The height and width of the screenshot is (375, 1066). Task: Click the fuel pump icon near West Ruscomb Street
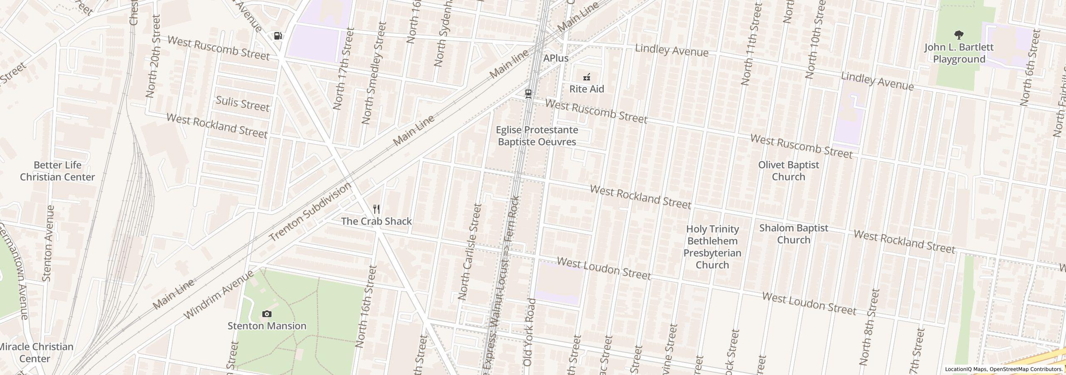tap(278, 36)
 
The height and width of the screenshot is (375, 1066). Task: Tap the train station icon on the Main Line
tap(528, 94)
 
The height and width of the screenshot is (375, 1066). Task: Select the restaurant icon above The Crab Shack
tap(376, 209)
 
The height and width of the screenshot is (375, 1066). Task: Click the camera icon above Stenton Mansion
tap(266, 314)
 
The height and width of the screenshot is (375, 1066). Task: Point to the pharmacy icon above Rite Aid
tap(587, 77)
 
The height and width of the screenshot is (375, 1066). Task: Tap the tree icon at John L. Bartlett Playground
tap(959, 35)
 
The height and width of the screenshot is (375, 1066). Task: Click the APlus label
tap(555, 58)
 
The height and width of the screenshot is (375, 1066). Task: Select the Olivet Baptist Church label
tap(788, 171)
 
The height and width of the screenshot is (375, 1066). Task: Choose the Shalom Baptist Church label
tap(793, 234)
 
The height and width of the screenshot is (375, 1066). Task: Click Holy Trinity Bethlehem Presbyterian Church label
tap(712, 247)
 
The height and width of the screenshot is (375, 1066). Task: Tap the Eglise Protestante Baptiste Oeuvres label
tap(537, 136)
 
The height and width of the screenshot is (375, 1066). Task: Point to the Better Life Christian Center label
tap(57, 171)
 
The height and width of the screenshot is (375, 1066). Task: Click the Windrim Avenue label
tap(218, 295)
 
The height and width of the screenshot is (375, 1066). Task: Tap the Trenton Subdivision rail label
tap(310, 212)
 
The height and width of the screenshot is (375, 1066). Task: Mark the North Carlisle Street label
tap(469, 252)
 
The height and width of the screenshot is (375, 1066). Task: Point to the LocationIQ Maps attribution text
tap(1004, 369)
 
